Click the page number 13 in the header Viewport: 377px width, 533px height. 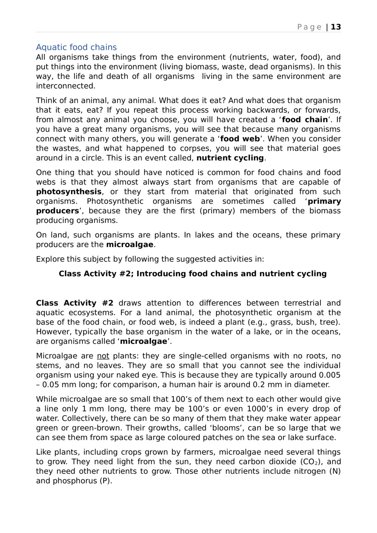(x=336, y=27)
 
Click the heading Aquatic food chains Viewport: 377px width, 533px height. (x=76, y=47)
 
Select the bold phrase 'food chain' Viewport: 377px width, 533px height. (x=305, y=120)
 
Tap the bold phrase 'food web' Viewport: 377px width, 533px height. (x=240, y=139)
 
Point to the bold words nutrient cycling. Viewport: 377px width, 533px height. (x=230, y=158)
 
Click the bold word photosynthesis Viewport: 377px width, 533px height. (x=69, y=192)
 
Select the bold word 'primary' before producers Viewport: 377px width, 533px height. (x=324, y=202)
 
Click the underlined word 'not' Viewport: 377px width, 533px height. (x=103, y=356)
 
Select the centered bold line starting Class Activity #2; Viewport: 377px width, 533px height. (x=192, y=274)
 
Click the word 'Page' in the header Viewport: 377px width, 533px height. (x=309, y=27)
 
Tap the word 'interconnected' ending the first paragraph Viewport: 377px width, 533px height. (x=65, y=86)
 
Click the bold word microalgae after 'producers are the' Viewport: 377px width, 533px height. (x=130, y=244)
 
